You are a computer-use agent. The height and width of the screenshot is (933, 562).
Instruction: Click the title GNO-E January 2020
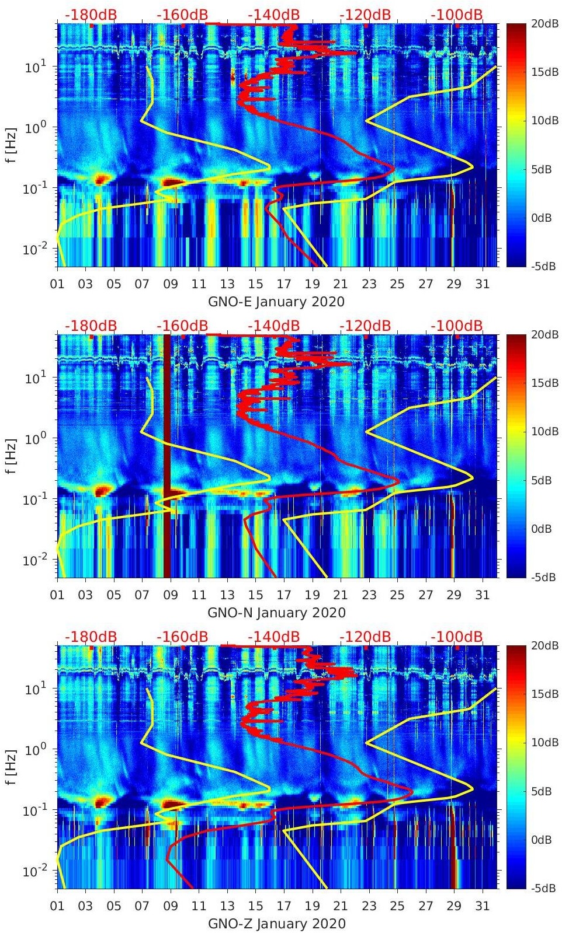coord(276,302)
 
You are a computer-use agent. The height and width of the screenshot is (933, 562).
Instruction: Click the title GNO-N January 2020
coord(276,613)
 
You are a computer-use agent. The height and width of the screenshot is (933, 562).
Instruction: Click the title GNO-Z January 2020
coord(276,924)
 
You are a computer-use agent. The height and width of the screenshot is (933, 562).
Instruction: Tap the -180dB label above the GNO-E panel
coord(91,15)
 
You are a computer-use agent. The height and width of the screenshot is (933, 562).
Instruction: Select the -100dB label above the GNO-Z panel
coord(457,637)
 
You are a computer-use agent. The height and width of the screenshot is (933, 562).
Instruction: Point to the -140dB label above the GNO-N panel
coord(273,326)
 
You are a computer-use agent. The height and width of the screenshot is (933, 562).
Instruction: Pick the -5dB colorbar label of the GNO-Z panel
coord(543,888)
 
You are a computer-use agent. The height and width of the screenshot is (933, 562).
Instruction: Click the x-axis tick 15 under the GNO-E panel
coord(255,284)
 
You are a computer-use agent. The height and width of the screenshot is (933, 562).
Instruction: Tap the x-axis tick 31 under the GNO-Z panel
coord(482,906)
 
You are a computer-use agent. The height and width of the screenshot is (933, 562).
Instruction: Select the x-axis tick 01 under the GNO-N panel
coord(57,595)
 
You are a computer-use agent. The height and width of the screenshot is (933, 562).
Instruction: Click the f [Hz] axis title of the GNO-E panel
coord(12,145)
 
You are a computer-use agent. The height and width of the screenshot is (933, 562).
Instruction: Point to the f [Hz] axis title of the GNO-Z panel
coord(12,767)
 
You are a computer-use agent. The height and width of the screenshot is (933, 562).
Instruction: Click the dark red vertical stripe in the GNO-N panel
coord(166,455)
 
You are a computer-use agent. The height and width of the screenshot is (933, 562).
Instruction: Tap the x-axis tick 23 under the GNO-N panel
coord(369,595)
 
